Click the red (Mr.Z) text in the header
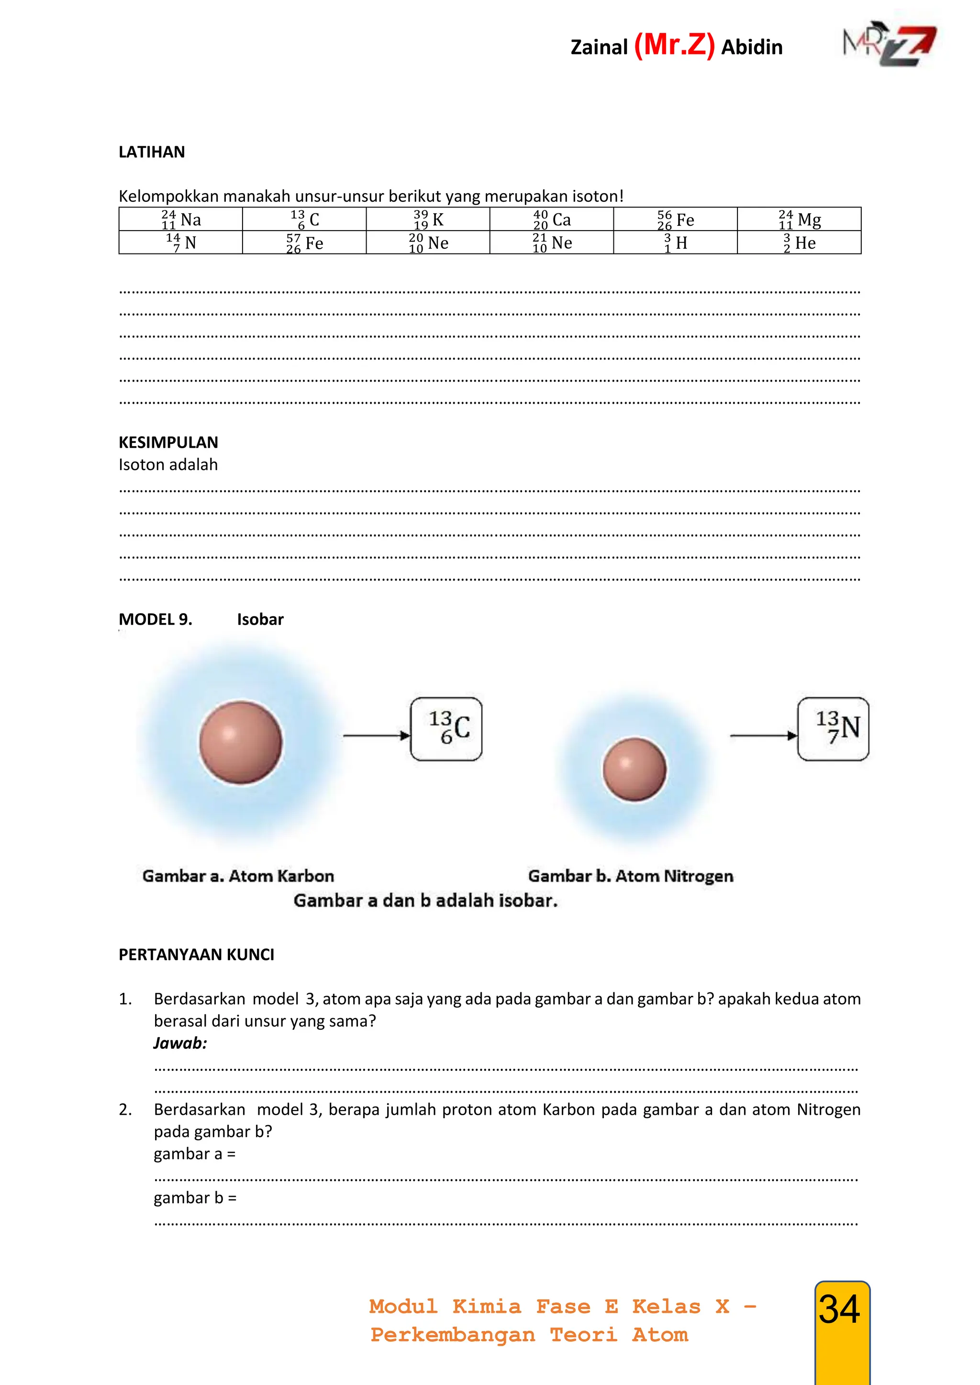coord(674,45)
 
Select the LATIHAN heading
coord(152,152)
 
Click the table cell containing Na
coord(181,220)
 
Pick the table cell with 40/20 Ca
coord(552,220)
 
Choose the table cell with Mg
coord(799,220)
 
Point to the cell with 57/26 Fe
coord(304,243)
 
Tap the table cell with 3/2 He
coord(799,243)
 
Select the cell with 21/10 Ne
coord(552,243)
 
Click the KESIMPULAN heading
coord(168,442)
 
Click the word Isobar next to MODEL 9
coord(260,619)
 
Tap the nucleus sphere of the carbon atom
coord(241,742)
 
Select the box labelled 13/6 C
coord(446,729)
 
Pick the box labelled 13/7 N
coord(833,729)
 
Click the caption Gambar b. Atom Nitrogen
coord(631,876)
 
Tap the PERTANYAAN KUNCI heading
coord(196,954)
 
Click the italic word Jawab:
coord(180,1043)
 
